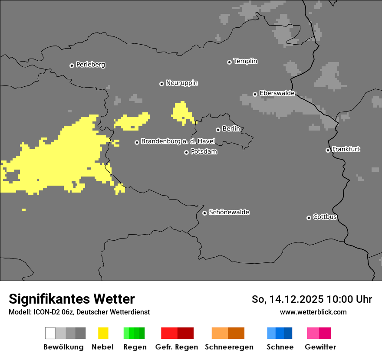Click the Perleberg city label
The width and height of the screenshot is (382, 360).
click(x=90, y=65)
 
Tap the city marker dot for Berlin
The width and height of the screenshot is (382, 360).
click(x=218, y=130)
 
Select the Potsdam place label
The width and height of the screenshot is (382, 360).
click(x=204, y=152)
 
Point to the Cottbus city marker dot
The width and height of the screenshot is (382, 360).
click(x=309, y=218)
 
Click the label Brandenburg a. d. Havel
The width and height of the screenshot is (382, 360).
click(x=178, y=141)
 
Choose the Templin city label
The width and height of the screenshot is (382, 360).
click(x=245, y=61)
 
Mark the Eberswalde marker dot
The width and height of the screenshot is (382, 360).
click(x=255, y=94)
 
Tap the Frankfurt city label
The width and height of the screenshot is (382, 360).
click(x=346, y=149)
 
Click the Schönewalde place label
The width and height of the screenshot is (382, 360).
click(x=229, y=212)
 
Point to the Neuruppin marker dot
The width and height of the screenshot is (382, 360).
click(x=161, y=84)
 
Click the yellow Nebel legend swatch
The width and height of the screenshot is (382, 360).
click(x=103, y=333)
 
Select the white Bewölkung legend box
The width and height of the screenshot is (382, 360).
click(x=50, y=333)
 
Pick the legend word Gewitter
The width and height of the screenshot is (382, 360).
click(x=320, y=347)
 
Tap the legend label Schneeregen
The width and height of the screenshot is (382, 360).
click(x=229, y=347)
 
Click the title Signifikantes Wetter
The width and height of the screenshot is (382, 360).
click(x=72, y=299)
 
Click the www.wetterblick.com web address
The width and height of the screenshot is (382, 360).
click(x=313, y=312)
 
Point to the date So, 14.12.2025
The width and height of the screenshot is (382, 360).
click(x=287, y=299)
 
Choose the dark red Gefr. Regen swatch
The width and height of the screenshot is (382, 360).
click(x=185, y=333)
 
